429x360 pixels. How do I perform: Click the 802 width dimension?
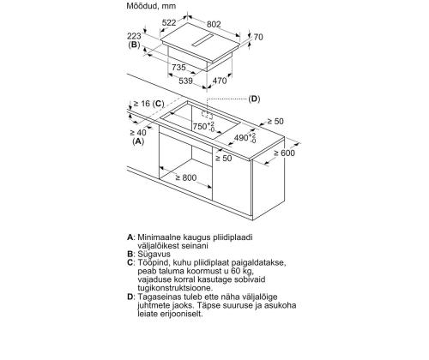click(214, 24)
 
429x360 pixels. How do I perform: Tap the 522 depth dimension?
click(169, 22)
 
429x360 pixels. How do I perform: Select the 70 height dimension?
click(258, 37)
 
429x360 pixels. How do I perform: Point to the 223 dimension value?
click(134, 36)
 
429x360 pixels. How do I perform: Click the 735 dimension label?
click(178, 68)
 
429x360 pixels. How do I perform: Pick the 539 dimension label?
click(185, 81)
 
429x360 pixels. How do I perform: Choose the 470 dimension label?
click(220, 81)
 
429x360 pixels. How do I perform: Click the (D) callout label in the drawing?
click(254, 99)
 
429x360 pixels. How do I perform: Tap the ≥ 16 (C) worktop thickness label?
click(148, 104)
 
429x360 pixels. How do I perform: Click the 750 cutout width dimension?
click(203, 126)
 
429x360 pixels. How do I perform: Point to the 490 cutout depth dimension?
click(245, 138)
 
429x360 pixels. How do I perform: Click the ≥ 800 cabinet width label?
click(186, 177)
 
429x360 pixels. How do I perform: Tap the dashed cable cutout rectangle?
click(207, 114)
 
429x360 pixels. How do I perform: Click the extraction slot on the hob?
click(202, 40)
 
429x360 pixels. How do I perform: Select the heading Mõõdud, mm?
click(151, 6)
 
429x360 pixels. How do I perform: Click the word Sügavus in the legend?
click(154, 255)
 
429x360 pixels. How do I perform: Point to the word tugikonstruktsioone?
click(175, 288)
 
